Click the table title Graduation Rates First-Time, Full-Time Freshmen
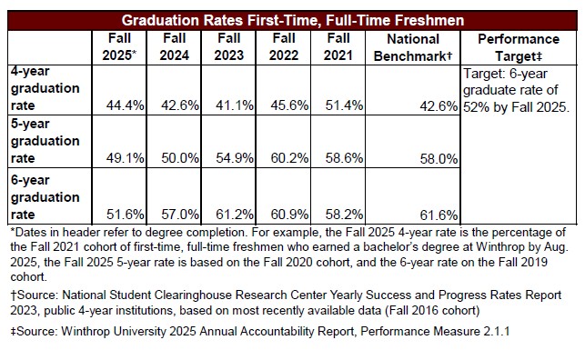pos(293,19)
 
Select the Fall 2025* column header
pos(119,47)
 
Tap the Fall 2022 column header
pos(283,47)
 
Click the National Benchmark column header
pos(414,47)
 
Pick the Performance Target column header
pos(518,47)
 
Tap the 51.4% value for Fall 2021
pos(345,106)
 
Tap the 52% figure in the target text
pos(477,107)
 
